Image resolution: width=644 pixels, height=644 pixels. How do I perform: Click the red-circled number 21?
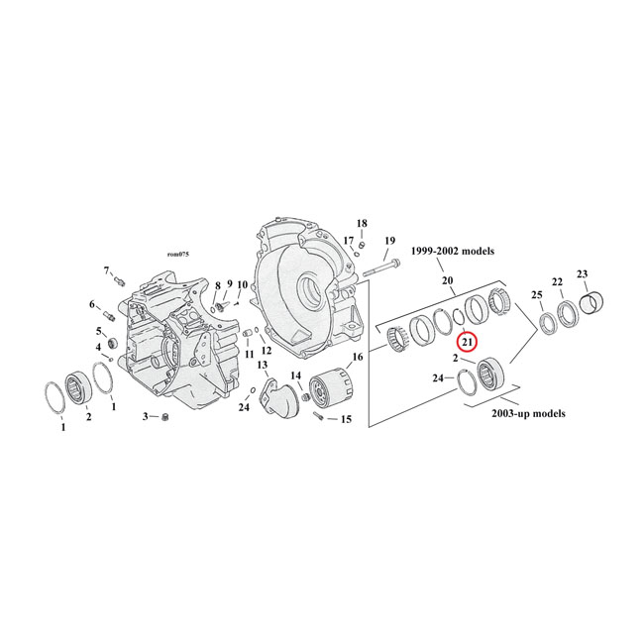click(468, 342)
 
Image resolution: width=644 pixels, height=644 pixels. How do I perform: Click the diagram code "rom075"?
click(177, 256)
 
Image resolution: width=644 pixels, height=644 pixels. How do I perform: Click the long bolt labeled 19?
click(380, 268)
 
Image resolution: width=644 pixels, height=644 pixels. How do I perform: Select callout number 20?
click(448, 281)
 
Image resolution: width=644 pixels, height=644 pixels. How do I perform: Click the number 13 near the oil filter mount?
click(264, 366)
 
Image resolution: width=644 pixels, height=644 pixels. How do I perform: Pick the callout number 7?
click(106, 270)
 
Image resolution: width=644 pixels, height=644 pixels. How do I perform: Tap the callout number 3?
click(145, 416)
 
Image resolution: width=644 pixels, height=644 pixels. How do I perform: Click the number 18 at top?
click(362, 223)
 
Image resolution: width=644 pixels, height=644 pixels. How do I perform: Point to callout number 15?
click(346, 419)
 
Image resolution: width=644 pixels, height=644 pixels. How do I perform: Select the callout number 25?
click(537, 295)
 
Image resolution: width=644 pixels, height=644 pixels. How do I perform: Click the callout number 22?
click(558, 282)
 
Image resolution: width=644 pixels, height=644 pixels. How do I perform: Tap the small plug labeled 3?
click(166, 416)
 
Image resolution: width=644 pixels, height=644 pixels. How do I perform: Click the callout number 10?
click(242, 284)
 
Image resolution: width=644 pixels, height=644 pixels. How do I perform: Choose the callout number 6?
click(94, 304)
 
